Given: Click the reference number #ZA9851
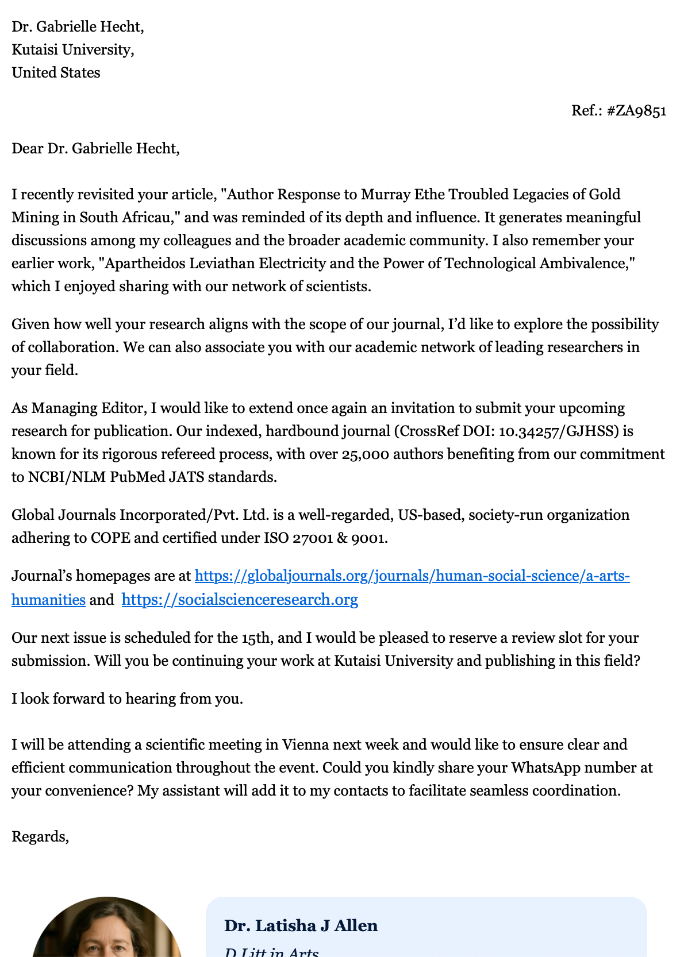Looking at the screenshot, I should pos(636,110).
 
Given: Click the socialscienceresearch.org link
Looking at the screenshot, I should pos(240,600).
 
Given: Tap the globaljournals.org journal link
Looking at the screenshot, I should pos(412,576).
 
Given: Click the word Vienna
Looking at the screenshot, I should pos(305,745).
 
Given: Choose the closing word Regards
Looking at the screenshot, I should pos(40,837).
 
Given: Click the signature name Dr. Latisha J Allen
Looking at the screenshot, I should pos(301,925).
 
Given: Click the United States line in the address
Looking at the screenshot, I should pos(56,73).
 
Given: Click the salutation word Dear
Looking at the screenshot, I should pos(27,149).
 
